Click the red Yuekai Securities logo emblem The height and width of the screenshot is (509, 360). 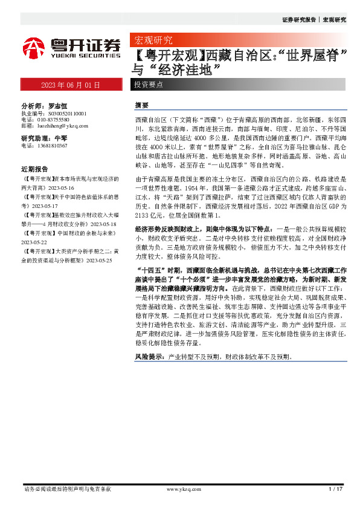pos(34,46)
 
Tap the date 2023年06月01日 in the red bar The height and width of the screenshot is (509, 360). pos(70,85)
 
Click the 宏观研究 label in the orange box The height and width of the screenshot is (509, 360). pos(152,41)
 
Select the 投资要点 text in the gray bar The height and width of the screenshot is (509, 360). pos(148,85)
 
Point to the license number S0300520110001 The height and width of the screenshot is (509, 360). pos(64,113)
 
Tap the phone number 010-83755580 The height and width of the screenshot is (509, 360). pos(54,120)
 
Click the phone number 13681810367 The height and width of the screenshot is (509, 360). pos(52,146)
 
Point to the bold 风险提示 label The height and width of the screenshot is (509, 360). pos(149,358)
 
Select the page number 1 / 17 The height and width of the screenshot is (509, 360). pos(335,489)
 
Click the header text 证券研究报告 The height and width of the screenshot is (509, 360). pos(299,20)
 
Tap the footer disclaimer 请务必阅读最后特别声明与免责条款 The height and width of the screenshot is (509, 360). pos(67,489)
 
